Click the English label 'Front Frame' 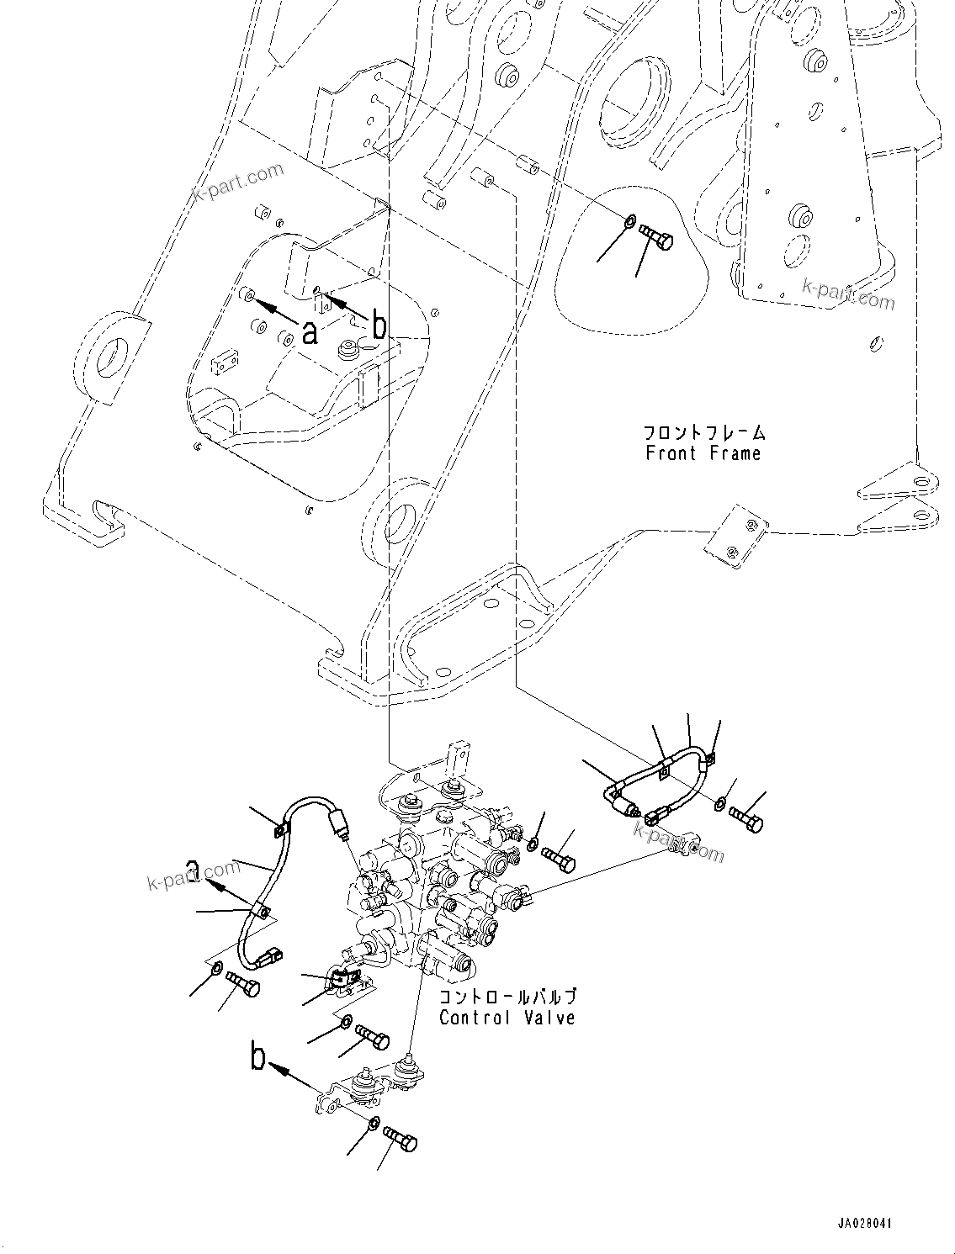pos(703,454)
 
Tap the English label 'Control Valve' pos(507,1019)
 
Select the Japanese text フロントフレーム pos(704,434)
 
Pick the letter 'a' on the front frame pos(310,334)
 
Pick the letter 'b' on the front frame pos(379,326)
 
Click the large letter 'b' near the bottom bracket pos(258,1056)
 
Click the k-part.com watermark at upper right pos(848,294)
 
